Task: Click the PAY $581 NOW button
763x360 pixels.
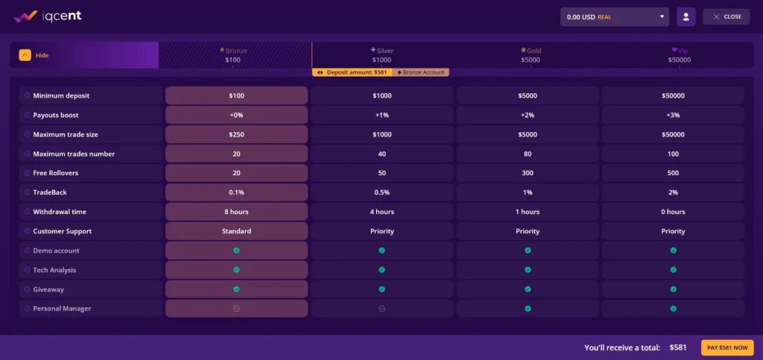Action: point(727,347)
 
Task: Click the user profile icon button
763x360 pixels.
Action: point(686,16)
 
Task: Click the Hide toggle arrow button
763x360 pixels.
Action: point(25,55)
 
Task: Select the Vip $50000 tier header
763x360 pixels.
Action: point(679,55)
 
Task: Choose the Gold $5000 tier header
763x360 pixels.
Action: point(531,55)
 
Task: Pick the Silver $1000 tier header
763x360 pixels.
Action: point(381,55)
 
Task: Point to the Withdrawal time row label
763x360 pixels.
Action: point(60,212)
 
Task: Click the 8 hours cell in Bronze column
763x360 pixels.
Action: point(236,212)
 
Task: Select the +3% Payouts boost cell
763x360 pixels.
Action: point(673,115)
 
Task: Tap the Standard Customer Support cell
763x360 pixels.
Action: point(236,231)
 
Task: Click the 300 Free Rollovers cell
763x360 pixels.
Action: point(528,173)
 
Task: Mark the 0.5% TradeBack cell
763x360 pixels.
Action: point(381,192)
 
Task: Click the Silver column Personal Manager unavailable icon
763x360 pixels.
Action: point(381,309)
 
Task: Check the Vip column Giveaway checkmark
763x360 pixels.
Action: point(673,289)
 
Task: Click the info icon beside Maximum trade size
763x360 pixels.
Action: point(27,134)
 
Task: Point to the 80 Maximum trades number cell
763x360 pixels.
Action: point(528,154)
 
